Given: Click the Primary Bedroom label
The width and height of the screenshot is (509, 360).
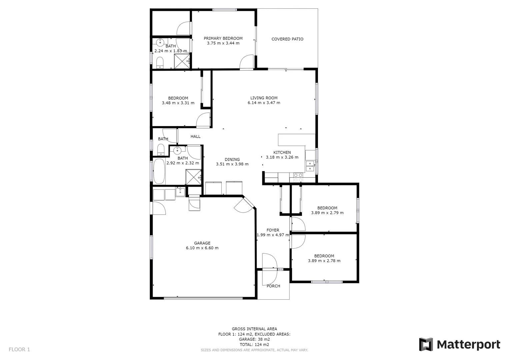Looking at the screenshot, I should (223, 38).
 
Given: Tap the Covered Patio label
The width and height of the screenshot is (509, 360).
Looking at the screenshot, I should (287, 39).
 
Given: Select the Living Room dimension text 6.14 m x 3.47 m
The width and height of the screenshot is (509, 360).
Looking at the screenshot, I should (264, 103).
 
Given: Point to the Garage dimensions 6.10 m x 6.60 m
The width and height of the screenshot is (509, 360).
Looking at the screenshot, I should (202, 248).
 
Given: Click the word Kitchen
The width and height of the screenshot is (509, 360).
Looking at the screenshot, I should (282, 152).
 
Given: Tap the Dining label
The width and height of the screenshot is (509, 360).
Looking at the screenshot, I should (232, 159).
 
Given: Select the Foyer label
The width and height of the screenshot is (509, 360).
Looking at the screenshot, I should (273, 230).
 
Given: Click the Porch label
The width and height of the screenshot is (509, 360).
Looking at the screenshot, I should (273, 286).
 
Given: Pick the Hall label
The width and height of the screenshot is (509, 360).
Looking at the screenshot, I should (195, 136).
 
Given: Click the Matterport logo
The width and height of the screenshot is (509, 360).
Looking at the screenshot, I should (460, 344).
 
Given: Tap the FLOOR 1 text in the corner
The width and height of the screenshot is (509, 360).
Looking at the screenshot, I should (19, 349).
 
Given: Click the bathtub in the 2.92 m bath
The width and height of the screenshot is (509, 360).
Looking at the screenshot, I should (159, 171).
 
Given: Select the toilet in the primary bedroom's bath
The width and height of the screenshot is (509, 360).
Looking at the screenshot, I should (160, 62).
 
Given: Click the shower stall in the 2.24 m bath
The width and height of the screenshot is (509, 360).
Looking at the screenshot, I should (182, 61).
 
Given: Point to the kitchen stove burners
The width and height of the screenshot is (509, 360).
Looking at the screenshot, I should (298, 177).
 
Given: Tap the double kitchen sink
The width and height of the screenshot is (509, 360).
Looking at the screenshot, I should (310, 166).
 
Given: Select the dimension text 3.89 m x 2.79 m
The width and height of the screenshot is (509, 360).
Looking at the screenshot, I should (327, 213).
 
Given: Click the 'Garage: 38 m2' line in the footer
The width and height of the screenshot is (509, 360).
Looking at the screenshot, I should (254, 339).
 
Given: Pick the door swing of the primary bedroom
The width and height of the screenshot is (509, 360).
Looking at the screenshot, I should (247, 62).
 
